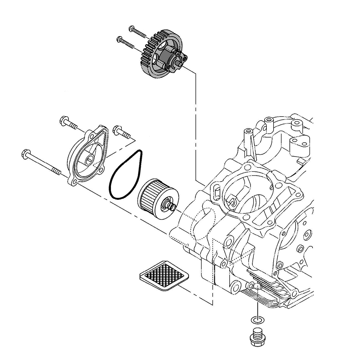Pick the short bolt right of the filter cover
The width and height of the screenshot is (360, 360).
pos(120,131)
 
